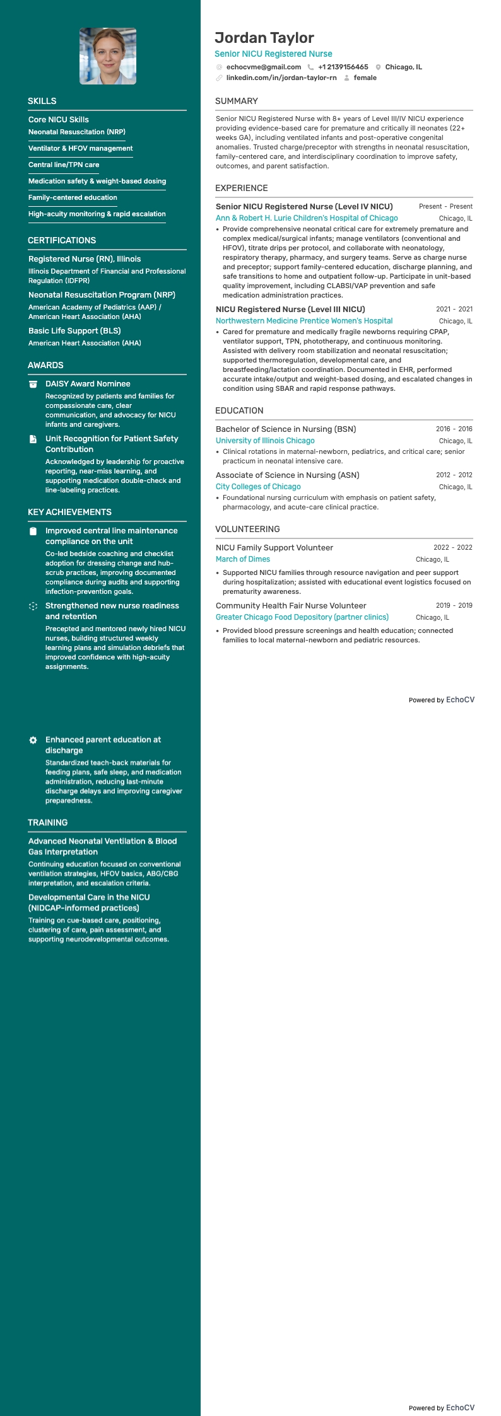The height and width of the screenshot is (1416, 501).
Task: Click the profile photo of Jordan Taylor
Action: coord(108,56)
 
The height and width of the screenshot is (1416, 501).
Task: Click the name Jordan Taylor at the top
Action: coord(264,38)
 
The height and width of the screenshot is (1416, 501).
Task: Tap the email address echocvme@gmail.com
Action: coord(264,67)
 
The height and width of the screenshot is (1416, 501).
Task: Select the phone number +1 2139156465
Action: coord(343,67)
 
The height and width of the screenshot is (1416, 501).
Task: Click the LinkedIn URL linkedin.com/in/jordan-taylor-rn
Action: coord(281,78)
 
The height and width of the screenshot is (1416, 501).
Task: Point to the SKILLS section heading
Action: coord(42,101)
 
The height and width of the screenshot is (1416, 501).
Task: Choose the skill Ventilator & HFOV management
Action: coord(81,148)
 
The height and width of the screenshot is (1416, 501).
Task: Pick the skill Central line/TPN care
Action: coord(64,165)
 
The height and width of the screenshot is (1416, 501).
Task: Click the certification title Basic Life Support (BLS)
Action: coord(74,330)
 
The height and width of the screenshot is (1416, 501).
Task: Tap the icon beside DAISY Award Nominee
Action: coord(33,384)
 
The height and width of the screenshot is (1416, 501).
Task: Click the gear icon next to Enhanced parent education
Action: coord(33,740)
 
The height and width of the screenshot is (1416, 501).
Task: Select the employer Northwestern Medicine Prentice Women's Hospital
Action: coord(304,321)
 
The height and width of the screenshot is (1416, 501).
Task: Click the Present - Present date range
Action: coord(445,206)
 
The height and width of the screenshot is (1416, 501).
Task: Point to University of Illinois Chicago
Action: coord(265,441)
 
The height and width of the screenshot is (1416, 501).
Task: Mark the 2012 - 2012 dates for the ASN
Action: coord(454,475)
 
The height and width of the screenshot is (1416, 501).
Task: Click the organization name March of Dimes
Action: coord(243,559)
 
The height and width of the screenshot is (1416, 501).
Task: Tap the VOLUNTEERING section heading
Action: coord(247,529)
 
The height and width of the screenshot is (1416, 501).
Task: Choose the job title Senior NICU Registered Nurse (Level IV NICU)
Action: coord(304,206)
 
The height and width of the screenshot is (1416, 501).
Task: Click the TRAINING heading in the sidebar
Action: coord(48,823)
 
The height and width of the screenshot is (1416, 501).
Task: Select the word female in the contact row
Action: coord(365,78)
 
